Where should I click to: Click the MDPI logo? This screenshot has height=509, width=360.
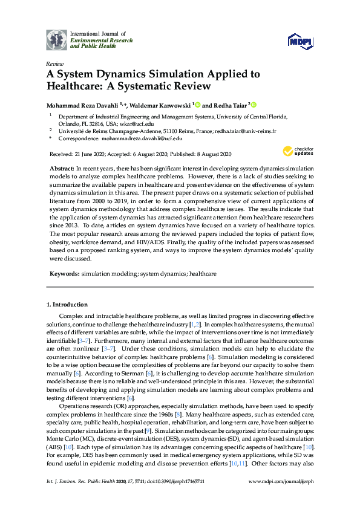pos(299,41)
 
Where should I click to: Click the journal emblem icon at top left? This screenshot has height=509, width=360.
pos(56,39)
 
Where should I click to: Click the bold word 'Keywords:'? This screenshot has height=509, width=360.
pos(64,274)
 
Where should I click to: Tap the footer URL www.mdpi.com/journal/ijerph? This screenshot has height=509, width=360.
pos(280,497)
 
